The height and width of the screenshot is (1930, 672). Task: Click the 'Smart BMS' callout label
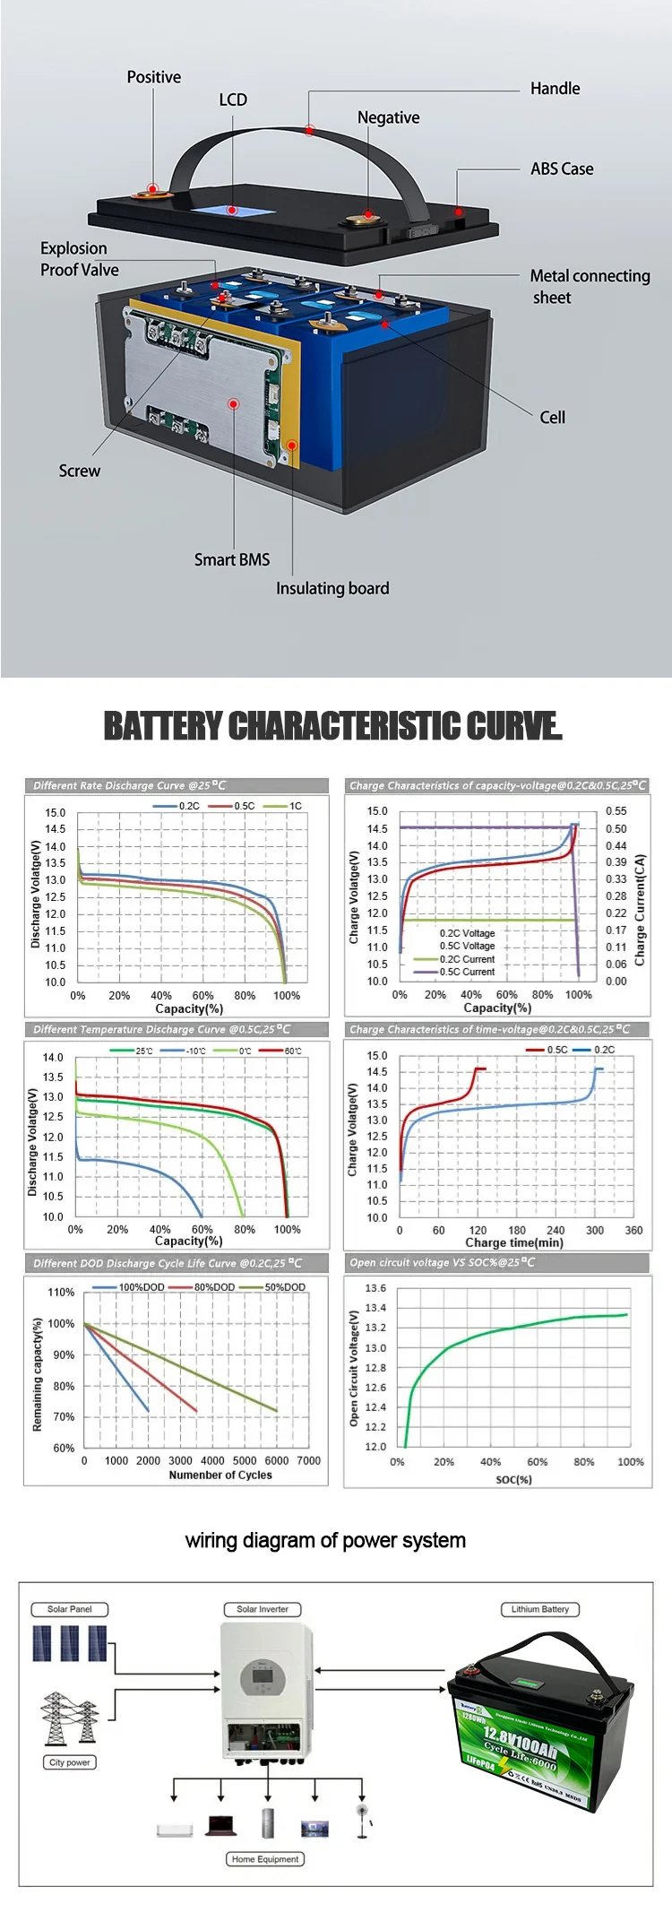232,559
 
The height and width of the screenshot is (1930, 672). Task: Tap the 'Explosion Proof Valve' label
79,259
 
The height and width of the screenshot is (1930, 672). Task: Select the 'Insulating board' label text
332,588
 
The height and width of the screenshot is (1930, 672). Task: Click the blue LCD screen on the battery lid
232,211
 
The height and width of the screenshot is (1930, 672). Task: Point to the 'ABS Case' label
562,169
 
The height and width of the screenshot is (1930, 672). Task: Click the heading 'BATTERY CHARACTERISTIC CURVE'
333,726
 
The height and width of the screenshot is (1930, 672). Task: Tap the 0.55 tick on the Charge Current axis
616,810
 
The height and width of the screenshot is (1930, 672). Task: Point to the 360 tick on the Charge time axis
633,1230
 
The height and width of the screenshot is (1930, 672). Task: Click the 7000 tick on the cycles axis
308,1460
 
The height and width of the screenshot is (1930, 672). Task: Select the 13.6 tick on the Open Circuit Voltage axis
375,1288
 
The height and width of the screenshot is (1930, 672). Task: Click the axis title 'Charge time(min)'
514,1242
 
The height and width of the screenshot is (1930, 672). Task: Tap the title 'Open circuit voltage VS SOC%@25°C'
442,1262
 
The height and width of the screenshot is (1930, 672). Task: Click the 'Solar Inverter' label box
263,1609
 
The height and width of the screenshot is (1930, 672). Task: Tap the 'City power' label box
70,1762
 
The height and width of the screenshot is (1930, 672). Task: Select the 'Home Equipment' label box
265,1859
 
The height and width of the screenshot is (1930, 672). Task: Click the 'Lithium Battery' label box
540,1609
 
